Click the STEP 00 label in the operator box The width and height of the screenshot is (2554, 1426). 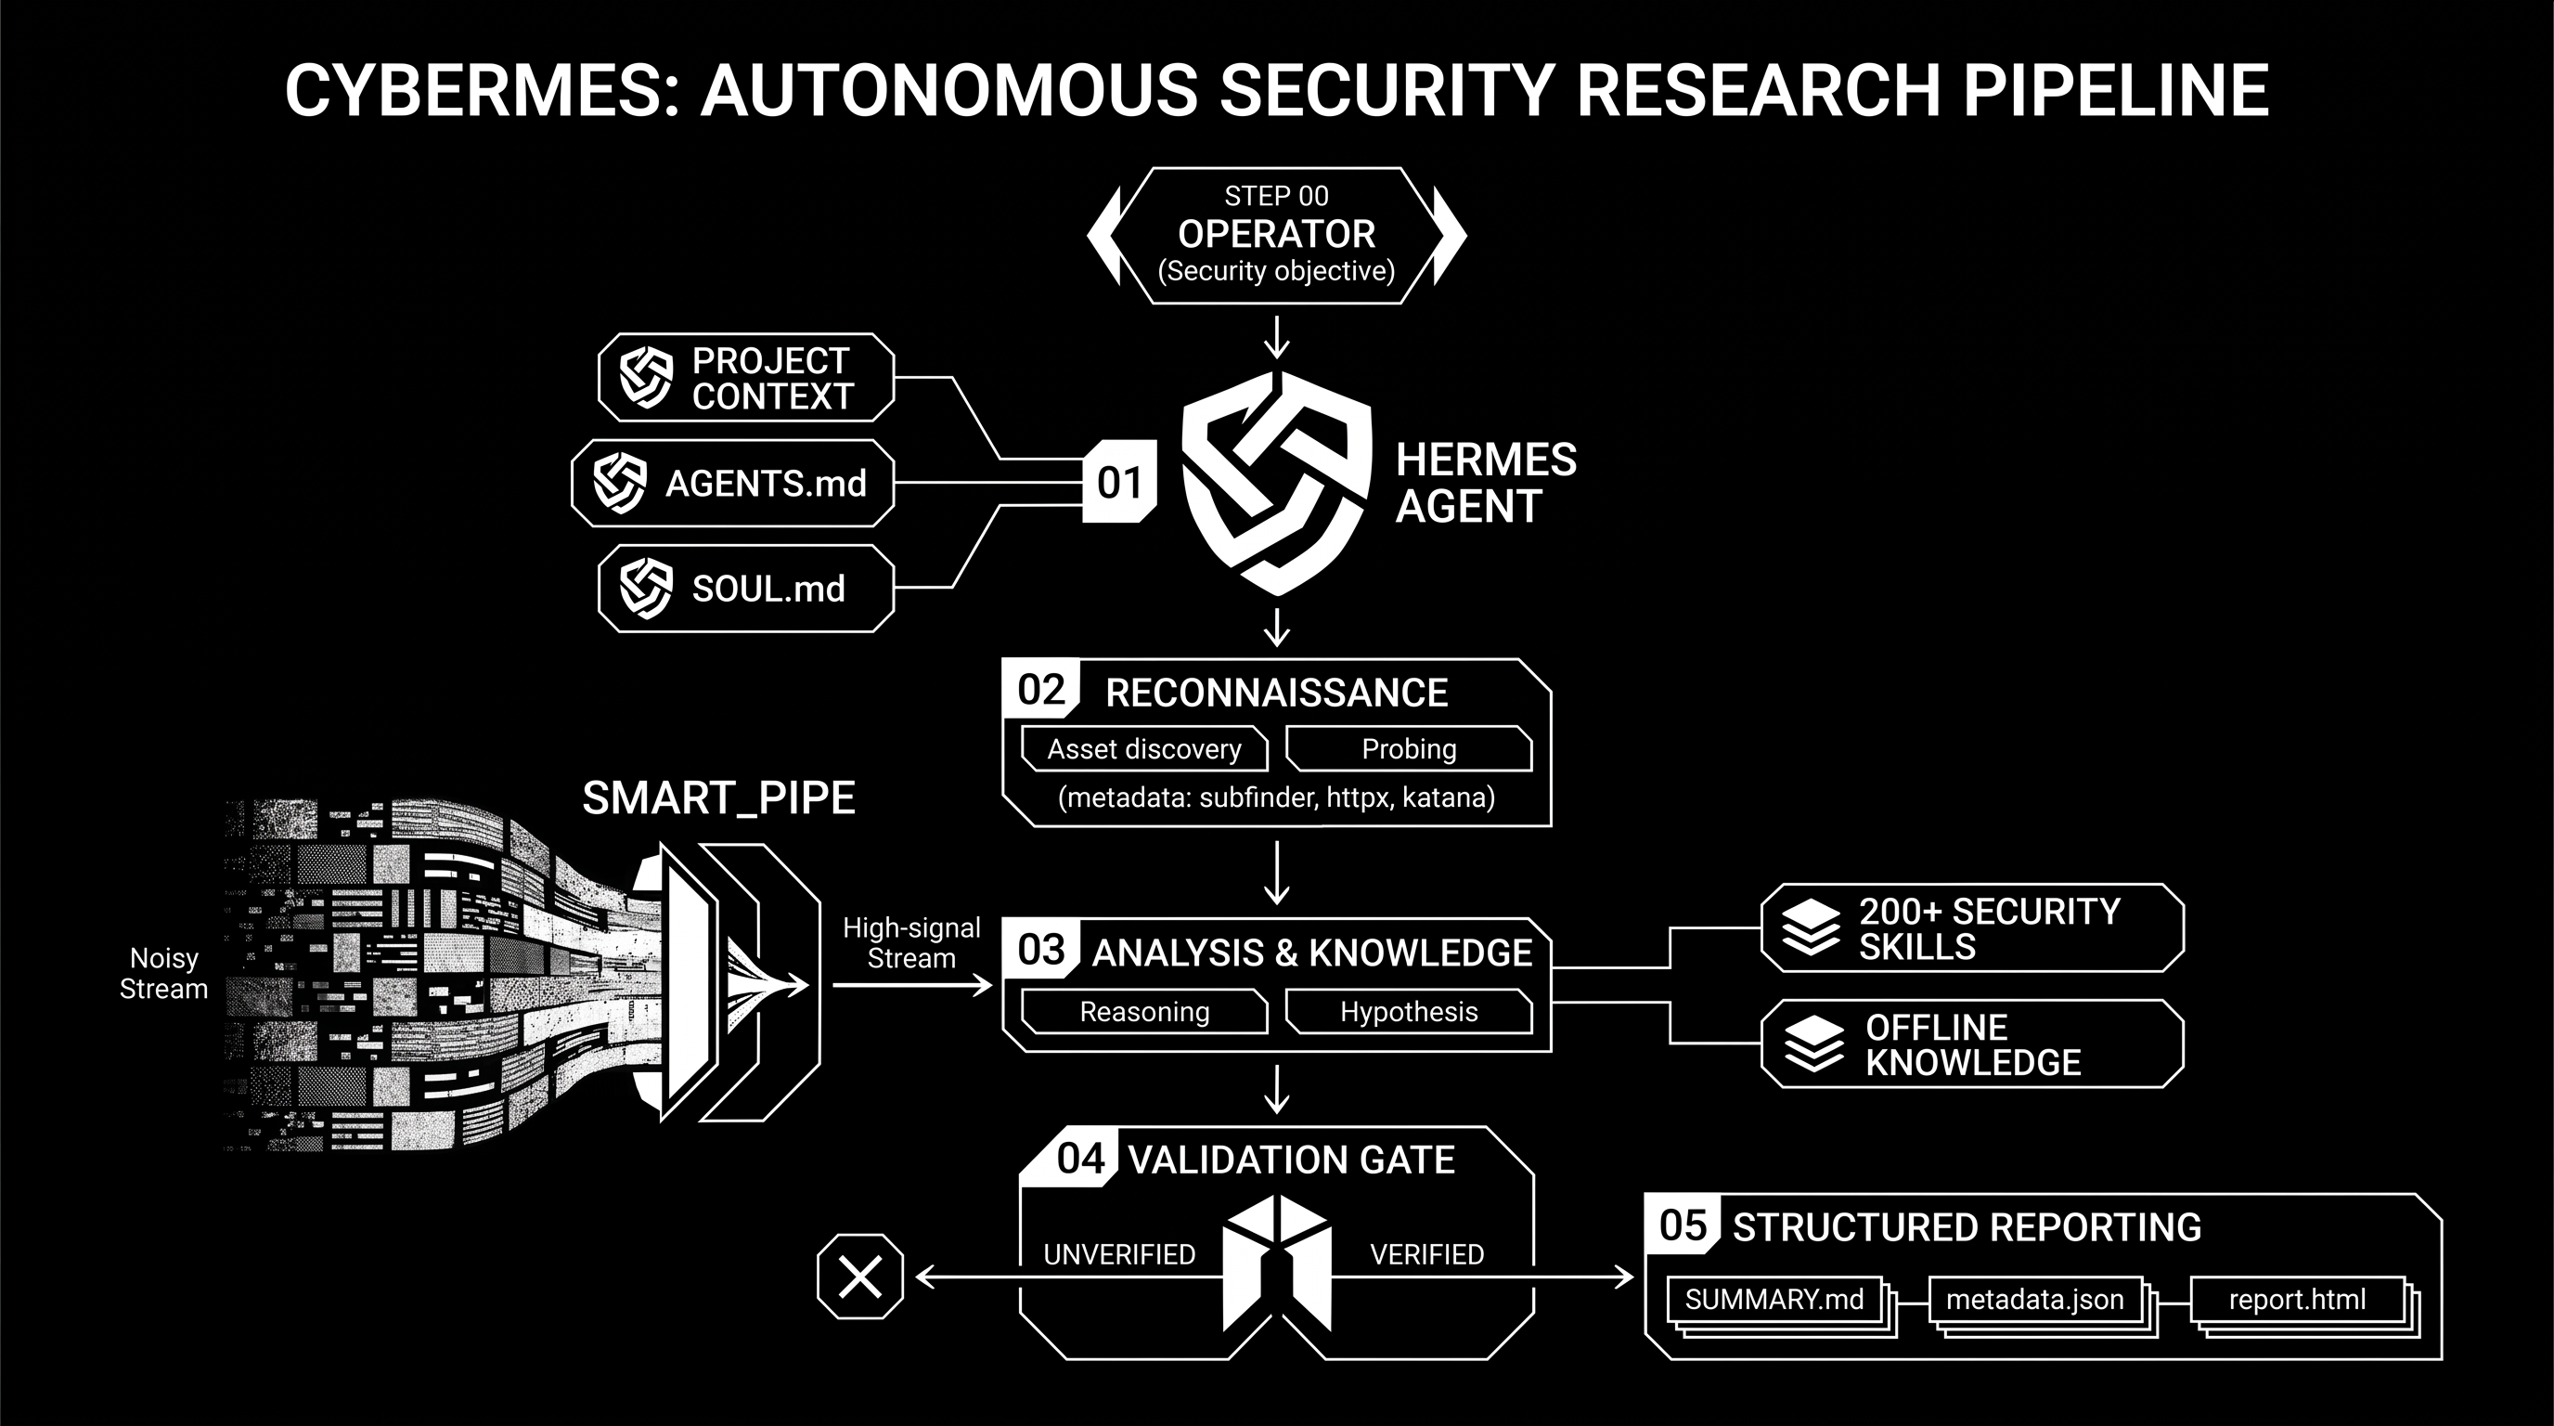click(1276, 196)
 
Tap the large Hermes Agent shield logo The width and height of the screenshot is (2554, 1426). click(1277, 483)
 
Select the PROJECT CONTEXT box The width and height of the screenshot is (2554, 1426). click(745, 378)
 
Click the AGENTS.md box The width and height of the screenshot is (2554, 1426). click(732, 483)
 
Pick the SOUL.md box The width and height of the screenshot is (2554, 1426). click(745, 588)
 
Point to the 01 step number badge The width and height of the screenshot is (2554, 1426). click(1119, 482)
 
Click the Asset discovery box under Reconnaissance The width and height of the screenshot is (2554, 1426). click(1144, 748)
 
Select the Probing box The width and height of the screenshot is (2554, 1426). click(1409, 748)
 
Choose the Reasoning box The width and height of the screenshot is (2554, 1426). click(1144, 1012)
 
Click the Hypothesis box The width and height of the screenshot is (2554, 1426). click(1409, 1012)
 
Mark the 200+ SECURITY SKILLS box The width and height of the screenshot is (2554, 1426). click(1972, 928)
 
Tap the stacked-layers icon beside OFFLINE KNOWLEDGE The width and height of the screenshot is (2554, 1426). click(1813, 1044)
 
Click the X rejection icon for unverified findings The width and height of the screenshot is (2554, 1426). click(860, 1277)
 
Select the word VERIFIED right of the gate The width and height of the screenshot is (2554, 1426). click(1426, 1254)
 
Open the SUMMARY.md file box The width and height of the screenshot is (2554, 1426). click(1774, 1300)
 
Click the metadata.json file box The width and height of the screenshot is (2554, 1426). click(2035, 1300)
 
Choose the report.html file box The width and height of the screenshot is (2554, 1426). click(2297, 1300)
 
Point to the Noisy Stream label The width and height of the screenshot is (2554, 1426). click(163, 974)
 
